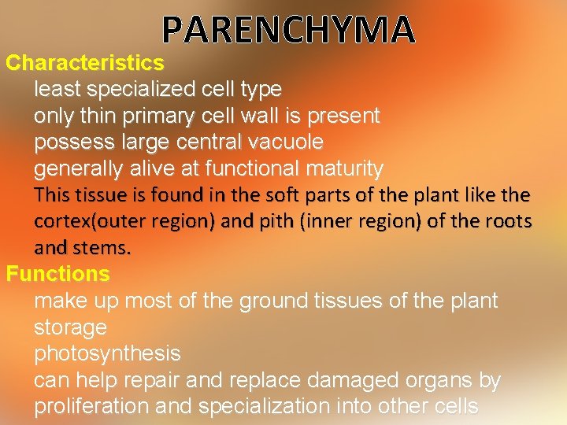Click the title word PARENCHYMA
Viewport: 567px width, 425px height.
coord(288,30)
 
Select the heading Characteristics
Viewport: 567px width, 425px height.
coord(85,62)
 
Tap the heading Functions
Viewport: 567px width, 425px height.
coord(57,274)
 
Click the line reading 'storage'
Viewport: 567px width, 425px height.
coord(70,327)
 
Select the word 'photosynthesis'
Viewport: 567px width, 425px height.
coord(107,354)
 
